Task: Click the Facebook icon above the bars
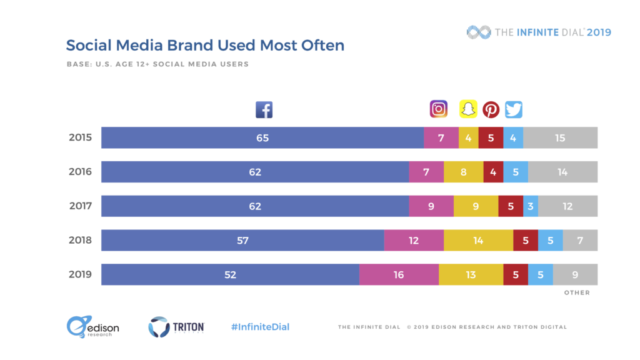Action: coord(264,110)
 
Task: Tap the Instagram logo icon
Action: coord(439,109)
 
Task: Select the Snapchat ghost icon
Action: coord(468,109)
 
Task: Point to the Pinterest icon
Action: coord(491,110)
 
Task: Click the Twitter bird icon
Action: coord(514,110)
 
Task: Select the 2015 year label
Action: coord(81,137)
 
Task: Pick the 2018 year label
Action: coord(81,240)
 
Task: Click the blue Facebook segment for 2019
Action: coord(230,274)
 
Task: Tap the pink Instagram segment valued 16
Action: coord(399,274)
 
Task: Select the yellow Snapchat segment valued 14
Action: coord(478,240)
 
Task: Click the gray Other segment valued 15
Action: coord(560,137)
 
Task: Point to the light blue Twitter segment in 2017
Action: coord(531,206)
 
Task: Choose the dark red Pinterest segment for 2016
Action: coord(493,172)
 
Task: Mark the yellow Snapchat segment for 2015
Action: coord(468,137)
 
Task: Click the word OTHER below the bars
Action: coord(577,292)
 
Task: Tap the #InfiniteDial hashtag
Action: coord(260,327)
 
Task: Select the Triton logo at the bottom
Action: coord(176,326)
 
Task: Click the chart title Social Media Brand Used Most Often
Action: coord(205,46)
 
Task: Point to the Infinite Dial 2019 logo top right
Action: coord(539,32)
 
